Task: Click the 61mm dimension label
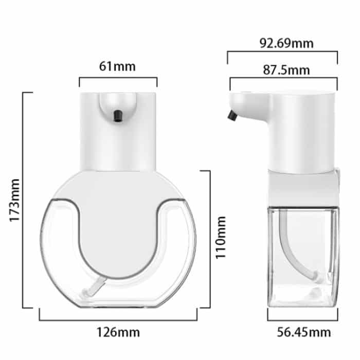point(117,66)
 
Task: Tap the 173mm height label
point(15,200)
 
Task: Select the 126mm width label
point(118,332)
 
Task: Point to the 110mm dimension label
point(221,238)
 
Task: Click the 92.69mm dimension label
point(286,43)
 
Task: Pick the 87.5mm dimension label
point(286,70)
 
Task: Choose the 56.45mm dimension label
point(304,332)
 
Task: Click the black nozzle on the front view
point(118,116)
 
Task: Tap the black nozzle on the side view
point(232,115)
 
